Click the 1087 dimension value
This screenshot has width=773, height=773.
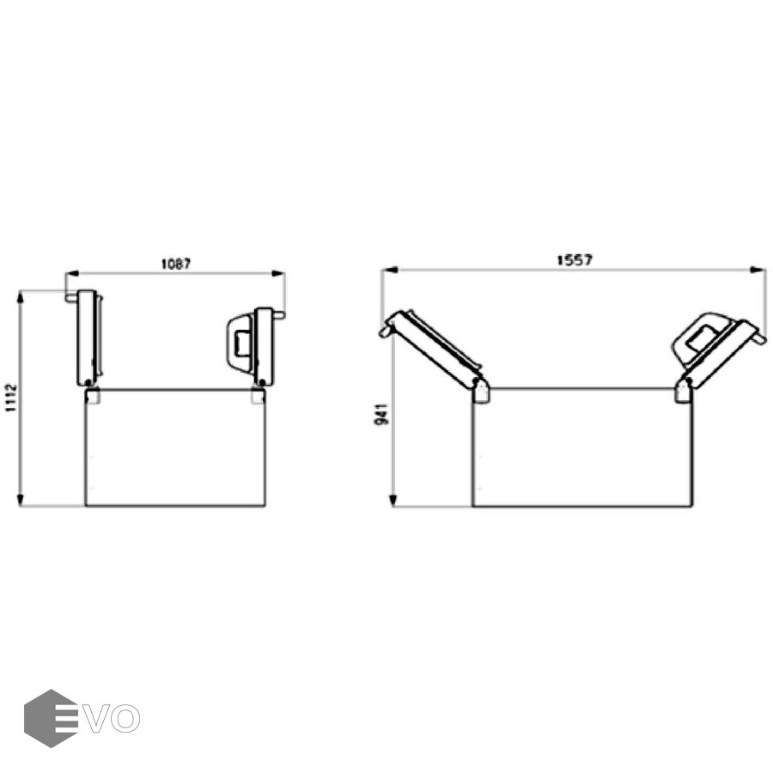coord(176,265)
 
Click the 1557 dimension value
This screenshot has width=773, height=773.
coord(575,260)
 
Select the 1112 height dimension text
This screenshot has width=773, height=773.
coord(11,399)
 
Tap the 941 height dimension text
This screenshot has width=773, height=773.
coord(382,414)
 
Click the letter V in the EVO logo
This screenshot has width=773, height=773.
coord(95,719)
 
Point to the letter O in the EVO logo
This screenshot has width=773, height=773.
coord(125,719)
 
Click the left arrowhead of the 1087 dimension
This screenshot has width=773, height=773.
coord(72,273)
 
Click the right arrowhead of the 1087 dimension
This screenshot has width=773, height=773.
coord(278,273)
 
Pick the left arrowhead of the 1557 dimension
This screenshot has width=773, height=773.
coord(389,270)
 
